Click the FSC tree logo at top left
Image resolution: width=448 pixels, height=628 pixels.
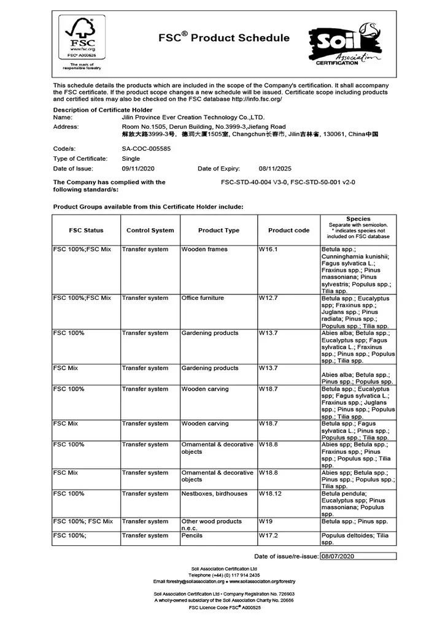[x=80, y=38]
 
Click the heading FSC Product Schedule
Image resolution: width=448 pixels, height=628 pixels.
[x=224, y=38]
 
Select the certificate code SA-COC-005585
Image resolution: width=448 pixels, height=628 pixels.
[x=146, y=148]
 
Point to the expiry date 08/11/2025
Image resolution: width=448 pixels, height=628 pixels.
[x=275, y=168]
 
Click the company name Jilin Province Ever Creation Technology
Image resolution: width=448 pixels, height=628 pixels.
[x=193, y=117]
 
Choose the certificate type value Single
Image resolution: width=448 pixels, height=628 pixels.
[x=131, y=158]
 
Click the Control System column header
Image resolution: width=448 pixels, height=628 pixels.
[x=150, y=231]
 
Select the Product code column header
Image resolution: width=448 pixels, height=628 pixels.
[x=288, y=231]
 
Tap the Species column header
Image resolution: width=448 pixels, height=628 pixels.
[x=358, y=219]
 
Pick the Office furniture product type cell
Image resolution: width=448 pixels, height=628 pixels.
[x=203, y=298]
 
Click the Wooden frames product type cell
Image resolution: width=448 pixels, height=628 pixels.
[x=204, y=250]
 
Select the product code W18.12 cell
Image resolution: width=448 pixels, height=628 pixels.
[x=269, y=494]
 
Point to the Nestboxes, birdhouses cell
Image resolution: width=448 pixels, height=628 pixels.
[x=212, y=494]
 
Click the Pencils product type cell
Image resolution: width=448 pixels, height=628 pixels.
[x=193, y=536]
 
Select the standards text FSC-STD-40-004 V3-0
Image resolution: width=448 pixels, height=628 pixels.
[x=253, y=182]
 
